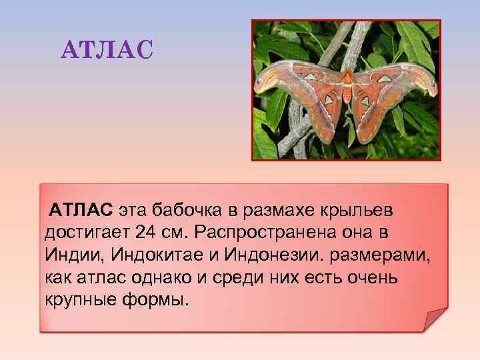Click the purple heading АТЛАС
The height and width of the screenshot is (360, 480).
point(107,49)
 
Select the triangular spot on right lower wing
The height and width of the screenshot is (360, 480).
point(365,102)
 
